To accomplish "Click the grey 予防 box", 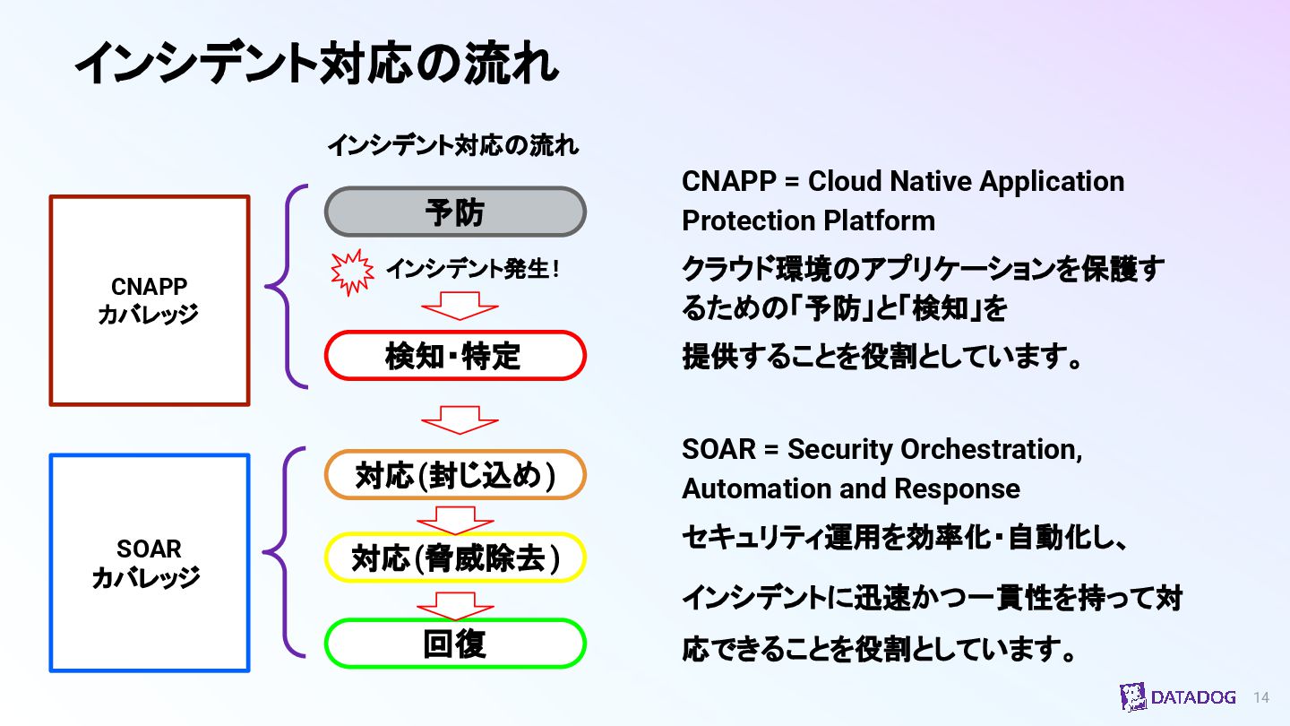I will click(x=455, y=212).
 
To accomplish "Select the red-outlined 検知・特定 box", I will click(x=455, y=356).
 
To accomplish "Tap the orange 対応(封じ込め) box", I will click(x=455, y=475).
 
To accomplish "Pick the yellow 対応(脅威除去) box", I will click(x=455, y=558).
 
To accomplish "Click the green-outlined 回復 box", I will click(x=455, y=644).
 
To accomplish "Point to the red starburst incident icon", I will click(x=352, y=272).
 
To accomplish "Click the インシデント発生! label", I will click(x=472, y=269).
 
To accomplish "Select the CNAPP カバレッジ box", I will click(x=149, y=300).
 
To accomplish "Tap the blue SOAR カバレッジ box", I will click(x=149, y=563).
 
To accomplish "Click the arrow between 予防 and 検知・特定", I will click(x=459, y=308).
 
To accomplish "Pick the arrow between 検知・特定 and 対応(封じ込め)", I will click(x=459, y=419).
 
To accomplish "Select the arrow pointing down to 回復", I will click(x=456, y=606).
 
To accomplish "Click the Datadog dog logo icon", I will click(x=1132, y=697).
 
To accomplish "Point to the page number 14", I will click(x=1261, y=697).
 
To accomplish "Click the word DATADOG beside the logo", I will click(x=1193, y=697).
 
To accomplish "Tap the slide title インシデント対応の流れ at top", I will click(x=316, y=65).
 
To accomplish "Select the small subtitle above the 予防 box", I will click(x=452, y=145).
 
